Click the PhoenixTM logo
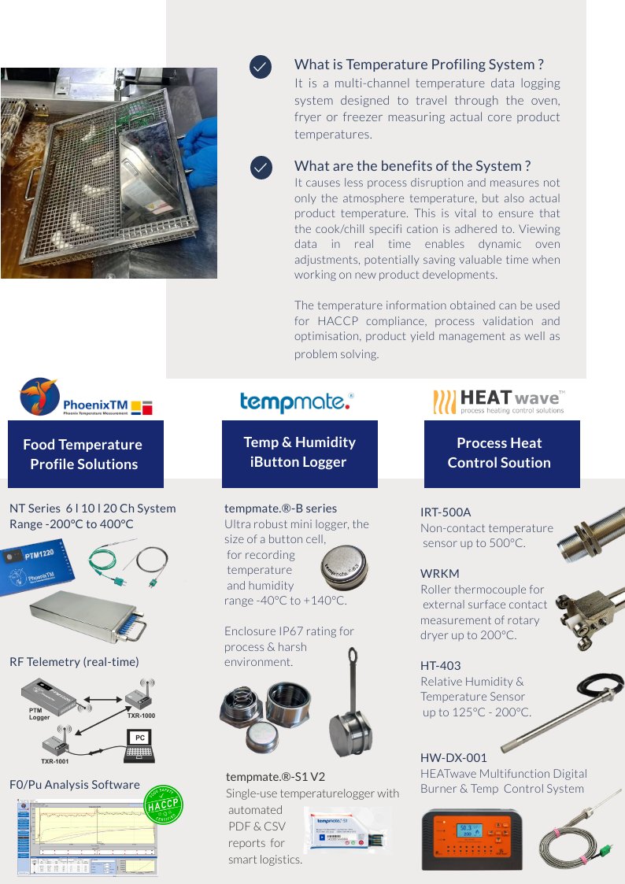[x=87, y=398]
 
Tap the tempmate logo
[x=297, y=401]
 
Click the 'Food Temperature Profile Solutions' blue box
[x=85, y=454]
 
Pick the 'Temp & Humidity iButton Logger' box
[x=299, y=453]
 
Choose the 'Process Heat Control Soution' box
[x=501, y=453]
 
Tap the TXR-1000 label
[x=141, y=716]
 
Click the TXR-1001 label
[x=54, y=761]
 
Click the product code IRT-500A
[x=446, y=512]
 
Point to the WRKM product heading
[x=440, y=573]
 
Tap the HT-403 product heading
[x=441, y=666]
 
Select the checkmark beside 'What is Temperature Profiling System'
[x=261, y=67]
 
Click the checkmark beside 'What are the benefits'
[x=261, y=168]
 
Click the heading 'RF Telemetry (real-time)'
[x=74, y=662]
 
